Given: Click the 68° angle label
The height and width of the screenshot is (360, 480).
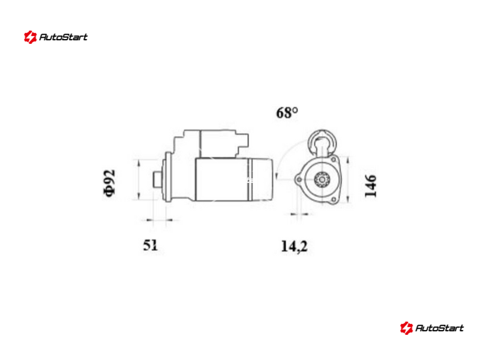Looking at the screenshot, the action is (287, 113).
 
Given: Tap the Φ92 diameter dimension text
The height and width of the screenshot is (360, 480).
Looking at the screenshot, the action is (109, 183).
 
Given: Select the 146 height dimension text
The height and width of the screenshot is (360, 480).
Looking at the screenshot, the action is (370, 185).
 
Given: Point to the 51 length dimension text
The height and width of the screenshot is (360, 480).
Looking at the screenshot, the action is (151, 245).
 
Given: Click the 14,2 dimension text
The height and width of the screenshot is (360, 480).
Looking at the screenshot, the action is (294, 247).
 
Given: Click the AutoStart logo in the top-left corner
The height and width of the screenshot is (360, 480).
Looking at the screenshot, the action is (56, 37).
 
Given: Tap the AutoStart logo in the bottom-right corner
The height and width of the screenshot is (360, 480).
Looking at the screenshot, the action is (432, 328).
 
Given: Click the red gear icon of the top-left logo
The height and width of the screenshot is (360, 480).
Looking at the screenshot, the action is (30, 37).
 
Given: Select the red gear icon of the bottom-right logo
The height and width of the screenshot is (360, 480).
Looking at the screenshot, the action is (406, 328).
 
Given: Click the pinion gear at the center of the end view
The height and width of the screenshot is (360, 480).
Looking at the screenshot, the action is (322, 179).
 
